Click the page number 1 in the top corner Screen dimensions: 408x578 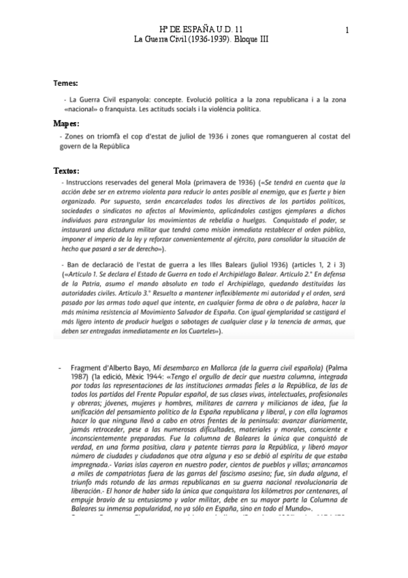tap(347, 30)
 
